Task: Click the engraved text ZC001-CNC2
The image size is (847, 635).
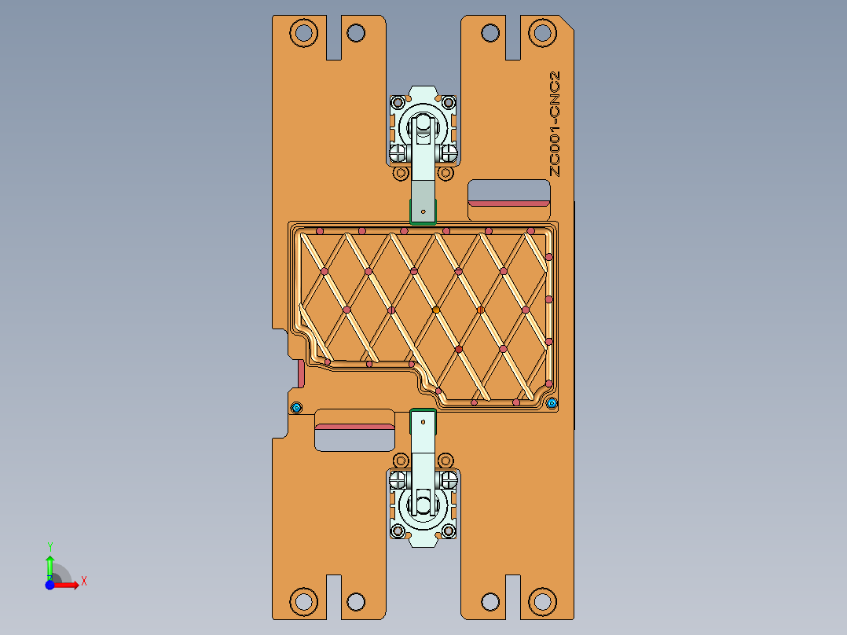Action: click(555, 123)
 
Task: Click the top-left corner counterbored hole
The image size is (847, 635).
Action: click(302, 33)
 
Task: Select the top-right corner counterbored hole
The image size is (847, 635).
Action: click(541, 33)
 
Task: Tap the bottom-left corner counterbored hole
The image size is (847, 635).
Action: click(302, 601)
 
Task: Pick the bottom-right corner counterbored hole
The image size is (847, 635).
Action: click(541, 601)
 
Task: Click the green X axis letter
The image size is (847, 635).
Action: click(84, 581)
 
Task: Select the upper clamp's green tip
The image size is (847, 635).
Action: click(423, 211)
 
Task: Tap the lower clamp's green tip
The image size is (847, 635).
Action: click(423, 420)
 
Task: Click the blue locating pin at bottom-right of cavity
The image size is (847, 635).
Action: click(552, 403)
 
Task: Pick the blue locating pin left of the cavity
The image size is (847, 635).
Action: click(296, 407)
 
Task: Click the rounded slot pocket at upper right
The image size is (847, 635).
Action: click(508, 200)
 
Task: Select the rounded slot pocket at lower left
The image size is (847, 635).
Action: click(354, 430)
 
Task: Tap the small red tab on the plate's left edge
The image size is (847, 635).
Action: click(301, 373)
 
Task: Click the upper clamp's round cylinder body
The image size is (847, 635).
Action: click(423, 128)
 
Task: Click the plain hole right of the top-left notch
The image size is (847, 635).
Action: click(356, 33)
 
